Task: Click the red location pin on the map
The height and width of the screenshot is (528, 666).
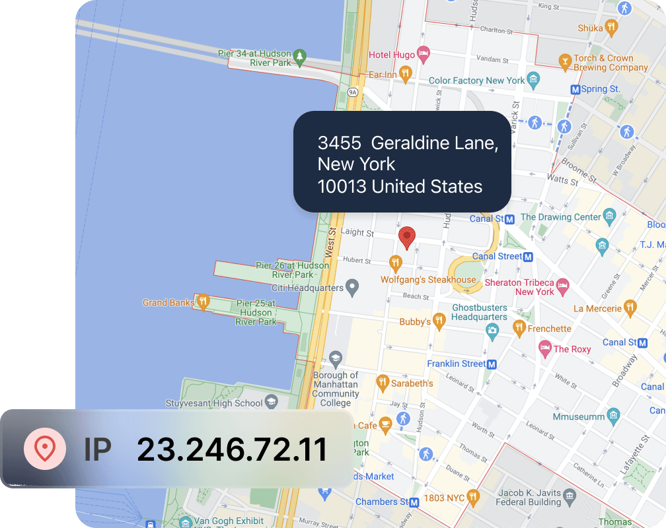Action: tap(408, 237)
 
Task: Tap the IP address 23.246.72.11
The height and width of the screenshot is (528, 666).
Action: tap(232, 449)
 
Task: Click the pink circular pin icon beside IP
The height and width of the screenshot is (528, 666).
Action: tap(44, 449)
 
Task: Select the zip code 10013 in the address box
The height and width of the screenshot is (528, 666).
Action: tap(342, 187)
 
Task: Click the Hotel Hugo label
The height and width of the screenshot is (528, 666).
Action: tap(392, 55)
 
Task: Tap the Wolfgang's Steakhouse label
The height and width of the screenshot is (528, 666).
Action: tap(428, 280)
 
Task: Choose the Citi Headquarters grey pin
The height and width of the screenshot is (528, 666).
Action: tap(353, 287)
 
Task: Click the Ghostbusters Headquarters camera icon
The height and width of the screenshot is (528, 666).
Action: tap(492, 329)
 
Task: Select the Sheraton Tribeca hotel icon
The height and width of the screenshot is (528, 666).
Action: tap(562, 286)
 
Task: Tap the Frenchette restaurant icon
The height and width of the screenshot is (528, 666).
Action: tap(519, 328)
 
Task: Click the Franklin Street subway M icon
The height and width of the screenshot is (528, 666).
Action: tap(492, 364)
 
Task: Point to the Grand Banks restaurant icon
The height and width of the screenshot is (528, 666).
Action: tap(203, 302)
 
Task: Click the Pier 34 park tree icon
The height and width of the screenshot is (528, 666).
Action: tap(300, 57)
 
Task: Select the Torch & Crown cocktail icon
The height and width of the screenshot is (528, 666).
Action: tap(564, 63)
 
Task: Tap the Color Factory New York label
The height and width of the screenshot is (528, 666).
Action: tap(476, 81)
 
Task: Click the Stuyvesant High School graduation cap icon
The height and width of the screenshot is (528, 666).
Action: tap(272, 403)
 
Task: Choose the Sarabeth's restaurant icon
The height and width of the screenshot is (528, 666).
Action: tap(382, 382)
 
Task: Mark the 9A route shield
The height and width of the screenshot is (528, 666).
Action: tap(353, 92)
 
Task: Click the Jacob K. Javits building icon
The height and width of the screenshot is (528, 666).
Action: tap(570, 494)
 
